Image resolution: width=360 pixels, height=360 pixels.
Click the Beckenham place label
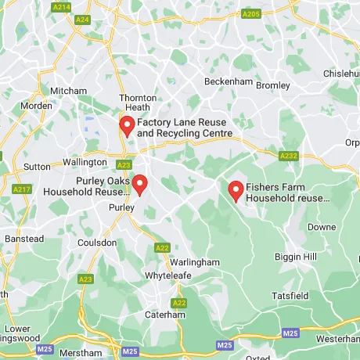[x=227, y=81]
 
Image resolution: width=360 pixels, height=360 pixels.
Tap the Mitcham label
[x=68, y=91]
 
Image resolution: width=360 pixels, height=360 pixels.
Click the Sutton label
[x=37, y=167]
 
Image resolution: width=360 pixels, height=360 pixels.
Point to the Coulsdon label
[x=99, y=243]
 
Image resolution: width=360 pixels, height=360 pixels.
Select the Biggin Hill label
[x=295, y=257]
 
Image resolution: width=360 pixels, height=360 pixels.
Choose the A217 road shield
[x=22, y=189]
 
